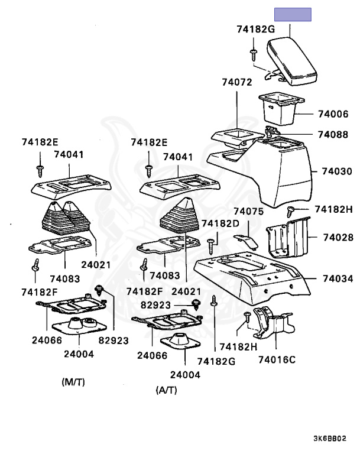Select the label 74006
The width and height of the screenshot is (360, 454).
coord(333,113)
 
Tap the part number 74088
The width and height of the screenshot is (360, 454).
coord(333,135)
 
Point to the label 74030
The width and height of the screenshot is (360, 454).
coord(337,171)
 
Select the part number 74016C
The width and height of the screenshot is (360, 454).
coord(276,358)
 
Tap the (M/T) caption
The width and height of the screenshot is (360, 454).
coord(73,382)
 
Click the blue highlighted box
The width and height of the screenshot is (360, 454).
coord(293,16)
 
